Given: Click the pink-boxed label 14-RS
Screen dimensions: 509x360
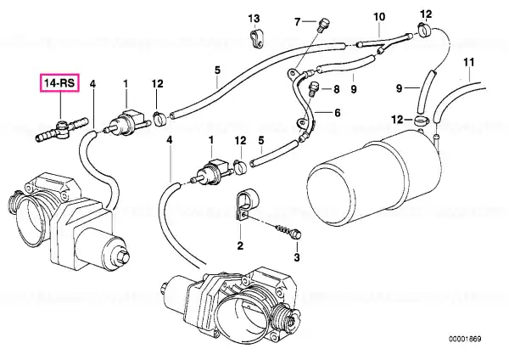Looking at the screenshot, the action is coord(59,83).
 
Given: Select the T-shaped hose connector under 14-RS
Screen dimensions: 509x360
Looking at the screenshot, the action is coord(61,130).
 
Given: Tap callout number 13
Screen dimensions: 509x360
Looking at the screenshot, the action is coord(255,18).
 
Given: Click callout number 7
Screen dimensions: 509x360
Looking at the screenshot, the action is coord(298,22).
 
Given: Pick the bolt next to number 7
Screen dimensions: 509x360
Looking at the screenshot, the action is coord(323,25).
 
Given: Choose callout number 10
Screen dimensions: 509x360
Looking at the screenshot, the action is coord(379,17).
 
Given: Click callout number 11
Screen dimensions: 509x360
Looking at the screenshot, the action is coord(469,62).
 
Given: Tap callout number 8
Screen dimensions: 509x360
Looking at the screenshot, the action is coord(336,88).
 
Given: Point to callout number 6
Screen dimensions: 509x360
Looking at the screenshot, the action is coord(338,113).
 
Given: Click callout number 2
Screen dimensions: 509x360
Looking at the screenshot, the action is coord(240,245).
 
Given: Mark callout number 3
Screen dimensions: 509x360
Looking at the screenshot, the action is coord(297,257).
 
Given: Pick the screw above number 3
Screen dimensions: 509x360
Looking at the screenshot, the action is coord(288,231).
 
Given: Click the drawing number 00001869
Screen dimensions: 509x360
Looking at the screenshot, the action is coord(465,340).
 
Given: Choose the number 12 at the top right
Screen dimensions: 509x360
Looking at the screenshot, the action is coord(426,14).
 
